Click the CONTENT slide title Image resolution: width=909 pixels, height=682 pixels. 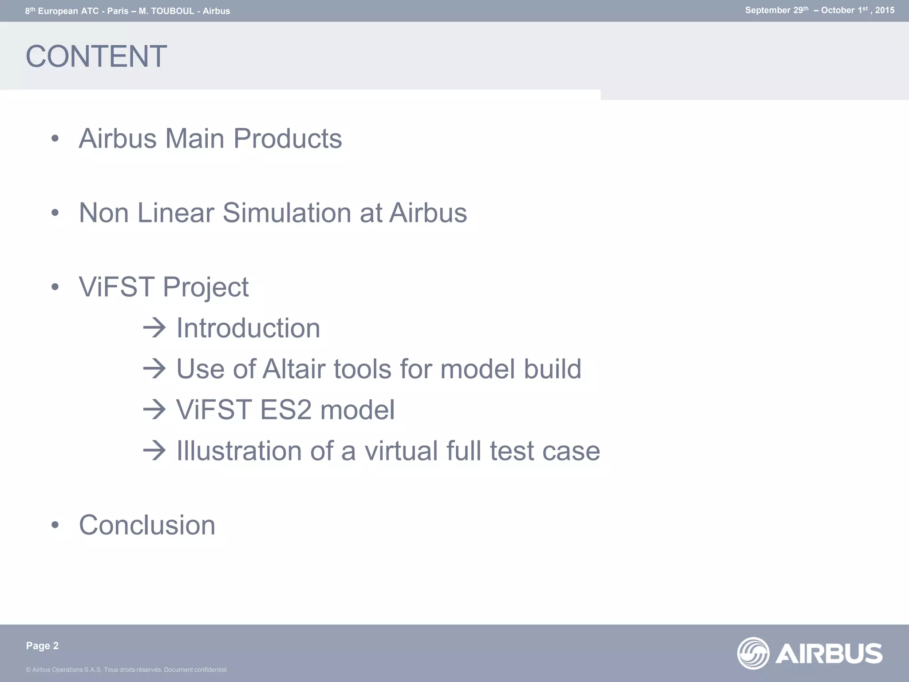96,56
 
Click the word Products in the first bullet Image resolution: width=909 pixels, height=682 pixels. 288,139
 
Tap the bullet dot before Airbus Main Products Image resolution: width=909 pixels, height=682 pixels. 55,139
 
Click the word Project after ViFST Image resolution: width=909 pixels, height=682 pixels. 206,287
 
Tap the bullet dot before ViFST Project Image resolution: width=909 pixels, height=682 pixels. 55,287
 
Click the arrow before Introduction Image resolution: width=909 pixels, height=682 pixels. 154,328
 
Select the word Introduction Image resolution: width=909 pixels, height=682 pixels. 248,328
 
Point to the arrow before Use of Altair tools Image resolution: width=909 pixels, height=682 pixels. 154,369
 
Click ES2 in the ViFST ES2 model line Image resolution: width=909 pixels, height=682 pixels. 286,410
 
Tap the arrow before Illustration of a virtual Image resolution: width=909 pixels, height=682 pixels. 154,451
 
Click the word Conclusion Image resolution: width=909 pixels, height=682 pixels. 147,525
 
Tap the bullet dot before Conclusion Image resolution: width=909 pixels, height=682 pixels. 55,525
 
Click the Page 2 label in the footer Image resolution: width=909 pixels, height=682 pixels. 42,646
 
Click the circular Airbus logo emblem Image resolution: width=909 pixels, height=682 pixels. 753,653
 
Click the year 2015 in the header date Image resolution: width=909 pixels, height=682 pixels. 885,11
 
